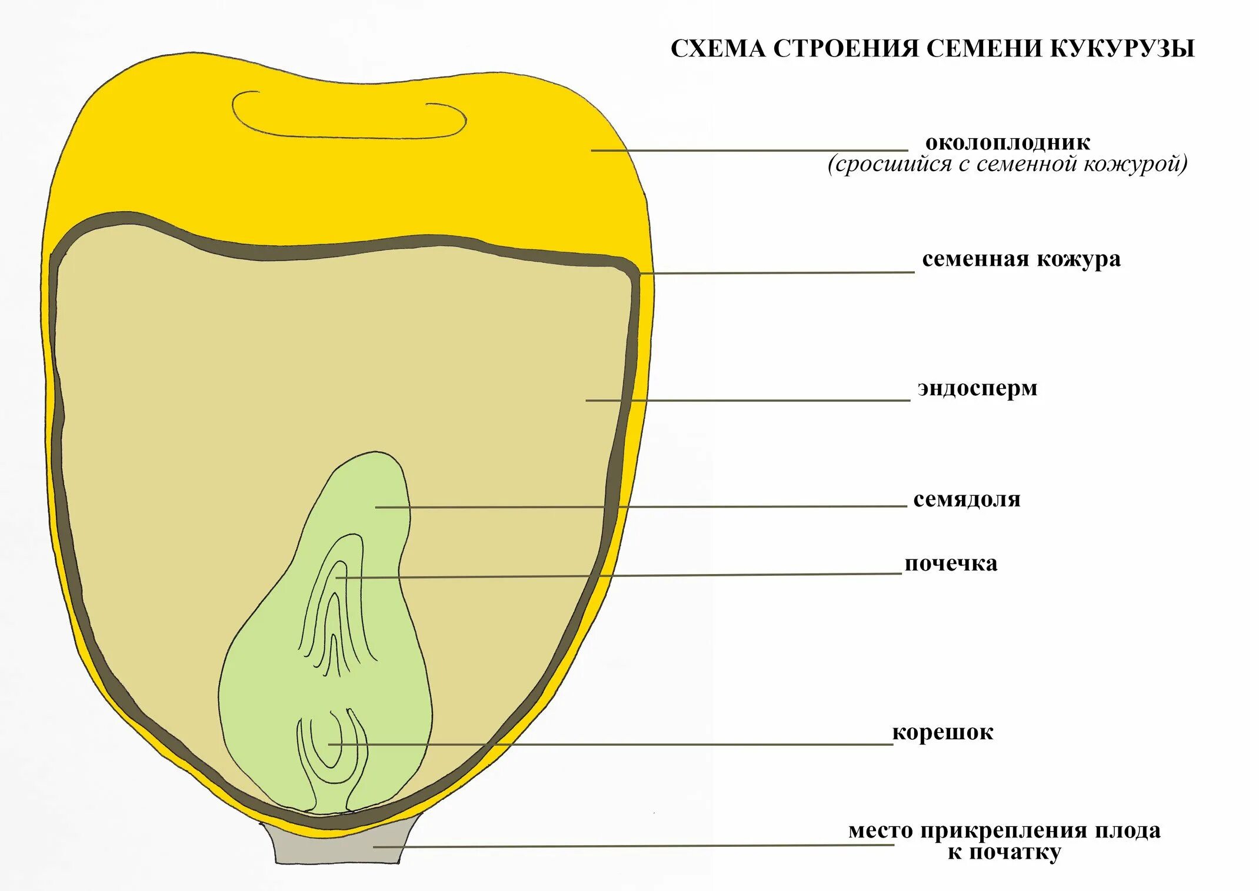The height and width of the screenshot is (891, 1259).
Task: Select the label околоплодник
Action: (x=1007, y=142)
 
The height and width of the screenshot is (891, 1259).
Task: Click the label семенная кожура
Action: (x=1021, y=259)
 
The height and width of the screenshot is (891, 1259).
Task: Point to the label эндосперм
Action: (x=977, y=389)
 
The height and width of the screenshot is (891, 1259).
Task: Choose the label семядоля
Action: (x=967, y=499)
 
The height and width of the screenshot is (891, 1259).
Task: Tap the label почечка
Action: (x=951, y=563)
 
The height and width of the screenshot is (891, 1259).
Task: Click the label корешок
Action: (x=942, y=732)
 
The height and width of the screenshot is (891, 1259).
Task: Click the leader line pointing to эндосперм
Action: (x=747, y=401)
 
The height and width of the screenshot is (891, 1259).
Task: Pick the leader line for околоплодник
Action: (x=747, y=151)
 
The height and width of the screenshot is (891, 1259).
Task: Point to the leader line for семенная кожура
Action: (x=777, y=273)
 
